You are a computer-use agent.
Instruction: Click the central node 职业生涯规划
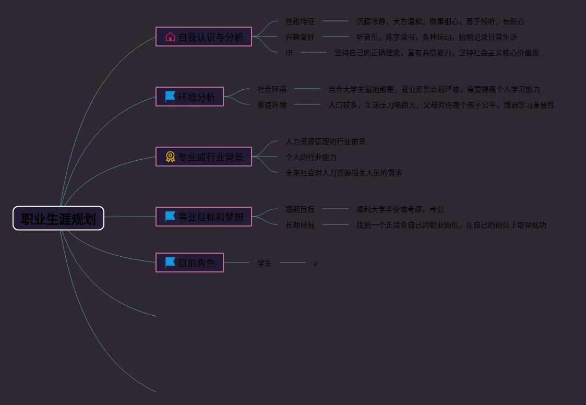point(58,219)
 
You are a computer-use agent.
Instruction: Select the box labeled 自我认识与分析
point(204,37)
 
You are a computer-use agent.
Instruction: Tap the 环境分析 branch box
point(189,97)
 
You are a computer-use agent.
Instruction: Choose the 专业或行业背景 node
point(204,157)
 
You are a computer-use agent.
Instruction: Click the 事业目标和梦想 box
point(204,217)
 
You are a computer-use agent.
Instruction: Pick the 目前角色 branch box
point(189,263)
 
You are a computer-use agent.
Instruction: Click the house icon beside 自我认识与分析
point(170,37)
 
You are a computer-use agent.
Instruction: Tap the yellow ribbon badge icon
point(170,157)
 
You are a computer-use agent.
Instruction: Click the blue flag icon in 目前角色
point(170,262)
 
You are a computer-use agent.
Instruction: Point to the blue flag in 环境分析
point(170,97)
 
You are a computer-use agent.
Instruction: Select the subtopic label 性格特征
point(300,21)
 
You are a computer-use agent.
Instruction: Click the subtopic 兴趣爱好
point(300,37)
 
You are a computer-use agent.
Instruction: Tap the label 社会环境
point(272,89)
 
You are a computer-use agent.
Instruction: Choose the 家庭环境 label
point(272,105)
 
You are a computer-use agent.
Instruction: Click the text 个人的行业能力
point(311,157)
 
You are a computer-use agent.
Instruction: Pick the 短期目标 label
point(300,209)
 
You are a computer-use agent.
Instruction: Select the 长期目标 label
point(300,225)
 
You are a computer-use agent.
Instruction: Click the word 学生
point(265,263)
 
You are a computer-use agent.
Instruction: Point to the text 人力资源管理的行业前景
point(326,141)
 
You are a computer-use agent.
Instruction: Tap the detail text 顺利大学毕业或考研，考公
point(400,209)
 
